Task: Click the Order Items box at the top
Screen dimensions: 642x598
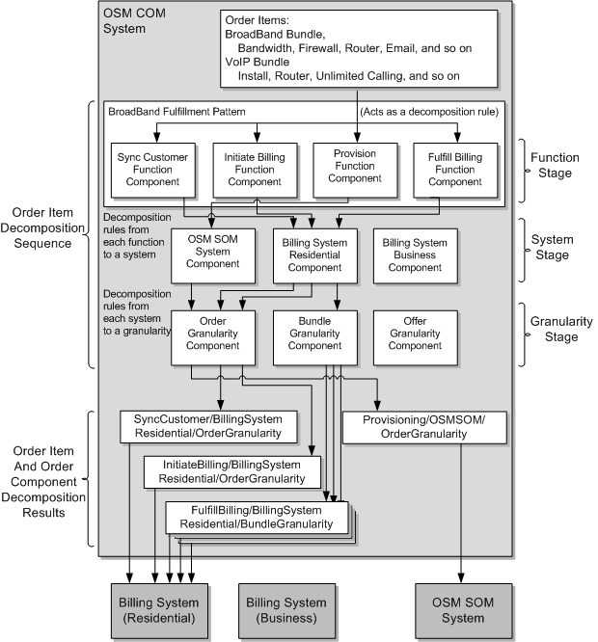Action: tap(360, 46)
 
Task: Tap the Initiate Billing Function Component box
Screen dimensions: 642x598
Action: tap(256, 169)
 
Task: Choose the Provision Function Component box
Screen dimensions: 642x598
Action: tap(355, 170)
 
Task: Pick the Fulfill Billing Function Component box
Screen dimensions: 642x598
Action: tap(454, 169)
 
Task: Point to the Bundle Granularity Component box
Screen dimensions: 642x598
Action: tap(314, 336)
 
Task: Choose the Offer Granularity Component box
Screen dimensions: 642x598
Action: tap(415, 336)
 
